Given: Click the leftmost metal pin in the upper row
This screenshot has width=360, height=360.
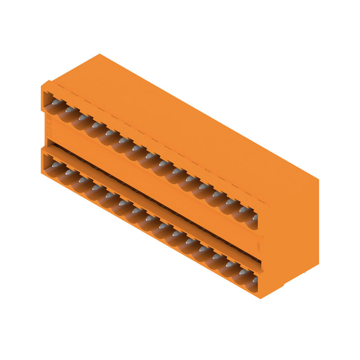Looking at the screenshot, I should (x=56, y=103).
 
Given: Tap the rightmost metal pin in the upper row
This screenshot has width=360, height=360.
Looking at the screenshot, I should (x=255, y=217).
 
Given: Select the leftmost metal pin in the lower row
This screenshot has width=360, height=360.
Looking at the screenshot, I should (x=56, y=165).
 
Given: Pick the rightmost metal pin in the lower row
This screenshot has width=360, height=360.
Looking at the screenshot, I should (x=255, y=280).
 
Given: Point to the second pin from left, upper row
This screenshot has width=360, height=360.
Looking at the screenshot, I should (x=70, y=110).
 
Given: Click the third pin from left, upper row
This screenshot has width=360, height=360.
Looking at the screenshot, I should (x=83, y=117).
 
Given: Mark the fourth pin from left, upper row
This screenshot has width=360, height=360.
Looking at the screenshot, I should (x=96, y=125).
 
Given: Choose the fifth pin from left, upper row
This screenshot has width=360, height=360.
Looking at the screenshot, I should (x=109, y=133).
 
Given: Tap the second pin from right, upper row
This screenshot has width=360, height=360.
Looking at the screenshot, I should (x=243, y=210).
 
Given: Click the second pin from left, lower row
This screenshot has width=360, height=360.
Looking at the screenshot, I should (x=70, y=173).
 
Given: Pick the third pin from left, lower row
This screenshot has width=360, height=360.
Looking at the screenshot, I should (x=83, y=180).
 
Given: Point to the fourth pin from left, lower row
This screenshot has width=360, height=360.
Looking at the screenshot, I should (x=96, y=188).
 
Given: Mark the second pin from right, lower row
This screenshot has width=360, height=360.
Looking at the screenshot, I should (x=243, y=272).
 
